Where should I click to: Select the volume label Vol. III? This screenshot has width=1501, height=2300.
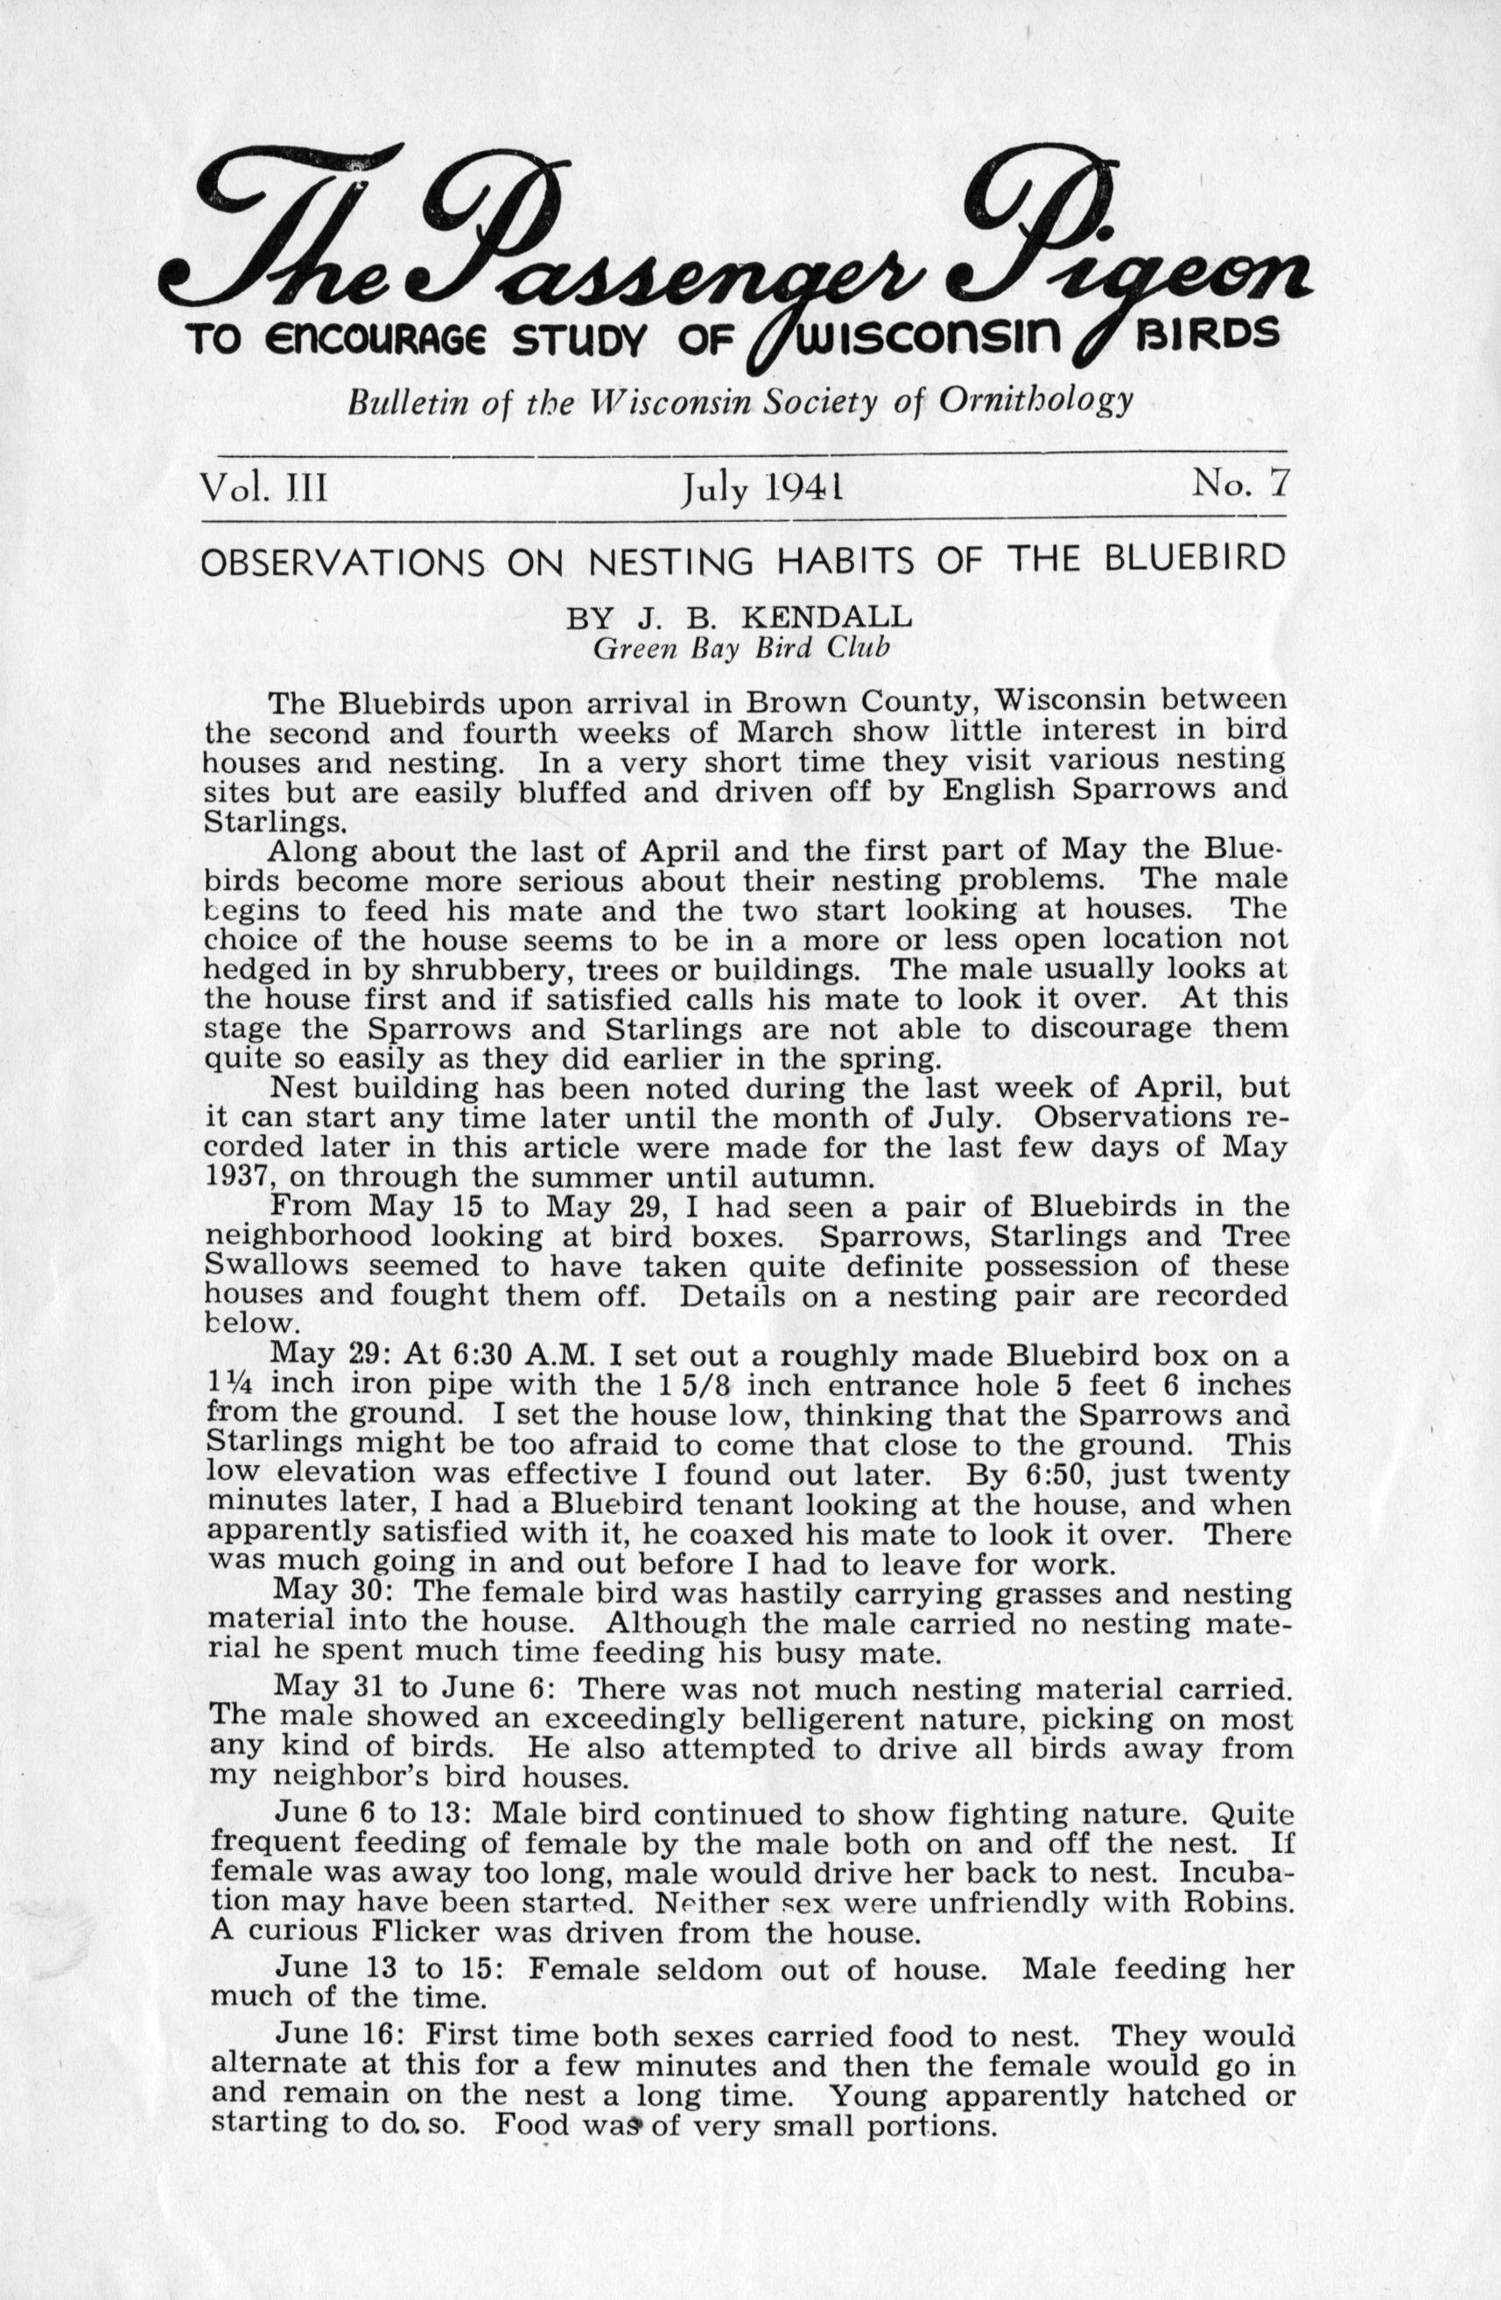pyautogui.click(x=263, y=484)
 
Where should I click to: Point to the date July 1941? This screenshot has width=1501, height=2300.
pyautogui.click(x=760, y=486)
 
